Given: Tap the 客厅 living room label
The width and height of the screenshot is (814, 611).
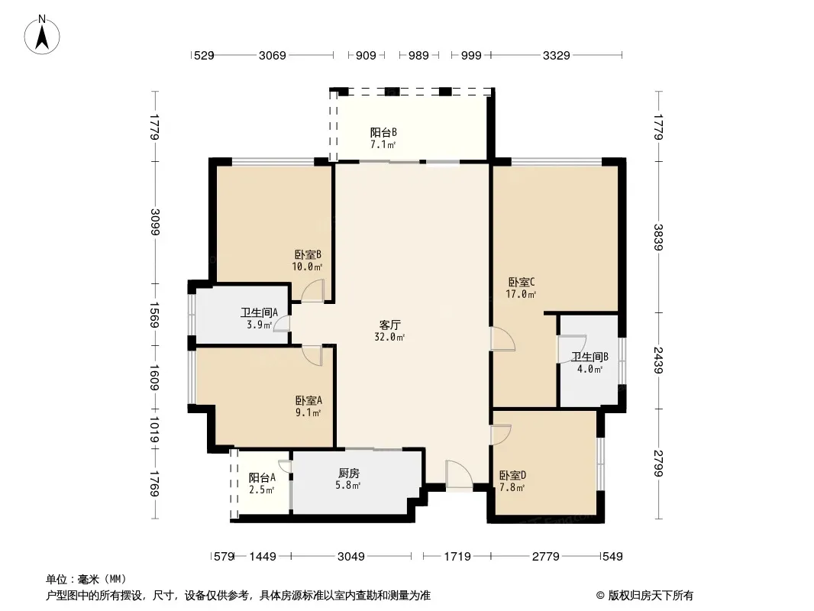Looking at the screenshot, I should (x=389, y=330).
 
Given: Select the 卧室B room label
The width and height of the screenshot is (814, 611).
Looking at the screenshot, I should (x=307, y=260).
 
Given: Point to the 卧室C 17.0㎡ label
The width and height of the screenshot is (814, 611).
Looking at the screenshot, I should (x=521, y=287).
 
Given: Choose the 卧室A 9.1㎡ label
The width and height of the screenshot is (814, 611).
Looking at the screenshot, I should (x=308, y=406).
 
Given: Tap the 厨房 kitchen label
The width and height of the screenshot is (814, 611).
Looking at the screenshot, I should (x=349, y=478).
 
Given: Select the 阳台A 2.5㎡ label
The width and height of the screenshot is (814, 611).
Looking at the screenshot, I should (x=261, y=483).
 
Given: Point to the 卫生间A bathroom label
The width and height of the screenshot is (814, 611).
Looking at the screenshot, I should (x=259, y=318).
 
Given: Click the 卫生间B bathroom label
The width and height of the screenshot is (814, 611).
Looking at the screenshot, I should (x=590, y=363).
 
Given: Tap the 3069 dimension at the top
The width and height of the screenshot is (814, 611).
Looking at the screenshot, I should (x=272, y=55).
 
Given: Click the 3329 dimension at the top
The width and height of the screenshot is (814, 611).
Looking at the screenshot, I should (x=557, y=55).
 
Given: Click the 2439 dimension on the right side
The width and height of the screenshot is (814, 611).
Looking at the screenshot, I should (x=657, y=360).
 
